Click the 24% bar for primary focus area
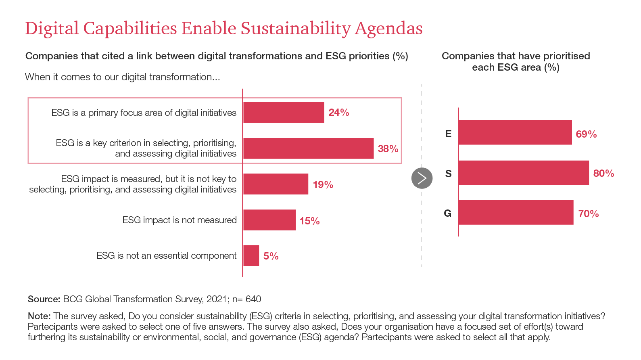click(x=284, y=112)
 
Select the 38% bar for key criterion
click(x=308, y=148)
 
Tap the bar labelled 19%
click(x=276, y=184)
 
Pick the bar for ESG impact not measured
click(x=269, y=220)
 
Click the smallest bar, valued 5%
click(x=251, y=255)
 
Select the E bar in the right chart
click(x=515, y=132)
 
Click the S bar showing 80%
click(x=524, y=173)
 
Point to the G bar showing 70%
click(x=516, y=212)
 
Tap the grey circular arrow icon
click(x=422, y=178)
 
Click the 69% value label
click(x=586, y=134)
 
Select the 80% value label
click(x=603, y=174)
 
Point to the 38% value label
click(x=388, y=149)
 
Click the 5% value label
click(x=271, y=256)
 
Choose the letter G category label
click(x=448, y=213)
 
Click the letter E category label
click(x=448, y=134)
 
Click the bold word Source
click(x=44, y=299)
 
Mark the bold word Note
click(x=39, y=316)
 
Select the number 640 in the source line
click(x=253, y=299)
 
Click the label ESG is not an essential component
click(x=166, y=255)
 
